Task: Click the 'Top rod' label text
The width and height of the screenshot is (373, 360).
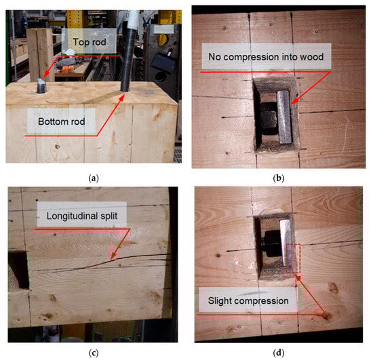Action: click(90, 42)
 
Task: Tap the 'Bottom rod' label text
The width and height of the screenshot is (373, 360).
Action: click(61, 121)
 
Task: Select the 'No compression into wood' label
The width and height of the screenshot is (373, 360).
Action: click(266, 57)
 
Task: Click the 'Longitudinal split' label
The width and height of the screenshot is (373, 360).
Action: click(82, 216)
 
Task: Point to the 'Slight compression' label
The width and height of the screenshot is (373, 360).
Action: click(248, 301)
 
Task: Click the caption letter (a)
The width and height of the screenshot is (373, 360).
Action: click(94, 178)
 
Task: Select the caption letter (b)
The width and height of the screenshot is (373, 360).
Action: click(278, 178)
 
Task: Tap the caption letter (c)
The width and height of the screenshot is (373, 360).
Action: click(94, 353)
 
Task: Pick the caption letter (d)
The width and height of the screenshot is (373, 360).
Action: click(278, 353)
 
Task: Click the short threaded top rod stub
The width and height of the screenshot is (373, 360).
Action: click(42, 86)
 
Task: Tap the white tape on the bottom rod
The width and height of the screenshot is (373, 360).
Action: click(133, 20)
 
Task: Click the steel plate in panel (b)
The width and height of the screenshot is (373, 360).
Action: click(284, 117)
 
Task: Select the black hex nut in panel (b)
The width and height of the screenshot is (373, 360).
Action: click(268, 118)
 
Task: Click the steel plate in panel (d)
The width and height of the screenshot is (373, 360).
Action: click(286, 243)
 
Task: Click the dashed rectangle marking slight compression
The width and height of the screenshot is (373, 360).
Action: click(293, 258)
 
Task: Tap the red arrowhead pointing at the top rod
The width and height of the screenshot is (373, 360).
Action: click(46, 74)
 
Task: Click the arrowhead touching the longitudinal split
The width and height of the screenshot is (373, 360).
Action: click(114, 256)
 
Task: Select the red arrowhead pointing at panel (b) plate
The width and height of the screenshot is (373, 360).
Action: click(295, 101)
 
